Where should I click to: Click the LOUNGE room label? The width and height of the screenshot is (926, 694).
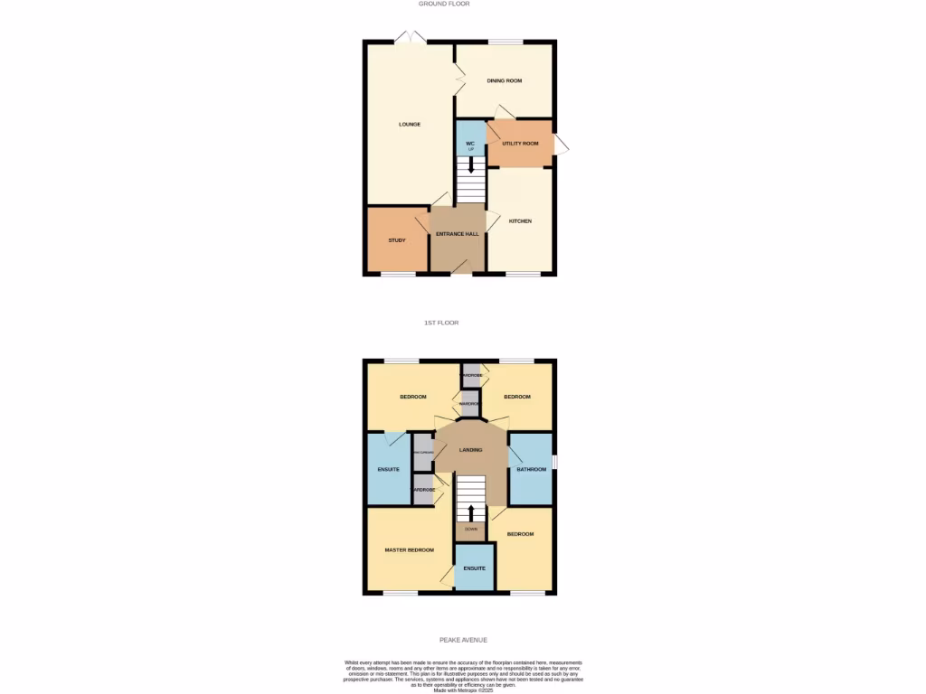[410, 124]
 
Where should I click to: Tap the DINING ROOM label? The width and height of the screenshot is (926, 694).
[505, 81]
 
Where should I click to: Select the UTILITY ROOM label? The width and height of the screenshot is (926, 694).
[520, 144]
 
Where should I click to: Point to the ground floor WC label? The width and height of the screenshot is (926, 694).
[470, 144]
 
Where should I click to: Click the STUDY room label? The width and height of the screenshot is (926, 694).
[397, 240]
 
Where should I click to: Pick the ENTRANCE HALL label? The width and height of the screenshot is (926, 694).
[458, 234]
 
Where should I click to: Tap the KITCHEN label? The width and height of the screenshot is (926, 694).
[520, 221]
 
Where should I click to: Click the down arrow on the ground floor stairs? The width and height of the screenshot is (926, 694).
[470, 167]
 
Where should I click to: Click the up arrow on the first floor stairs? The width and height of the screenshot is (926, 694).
[470, 512]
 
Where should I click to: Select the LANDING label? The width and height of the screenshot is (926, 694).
[470, 450]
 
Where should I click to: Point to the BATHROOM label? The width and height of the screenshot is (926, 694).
[532, 470]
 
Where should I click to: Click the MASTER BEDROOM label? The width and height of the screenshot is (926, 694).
[409, 550]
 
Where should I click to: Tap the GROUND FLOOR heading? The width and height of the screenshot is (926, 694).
[444, 4]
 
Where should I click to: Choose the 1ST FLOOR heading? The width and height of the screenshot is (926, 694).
[442, 323]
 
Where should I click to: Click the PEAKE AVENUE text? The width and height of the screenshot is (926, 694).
[463, 640]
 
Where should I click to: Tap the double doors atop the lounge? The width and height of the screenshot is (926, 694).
[410, 38]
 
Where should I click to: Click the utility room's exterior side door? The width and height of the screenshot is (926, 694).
[562, 145]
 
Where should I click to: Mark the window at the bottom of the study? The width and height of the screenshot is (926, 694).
[398, 274]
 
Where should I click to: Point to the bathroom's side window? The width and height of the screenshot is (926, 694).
[554, 461]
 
